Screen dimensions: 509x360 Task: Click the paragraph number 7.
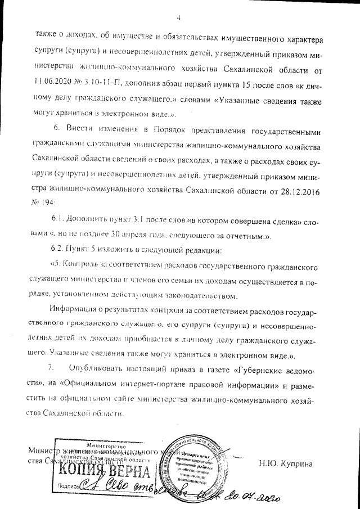[51, 368]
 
